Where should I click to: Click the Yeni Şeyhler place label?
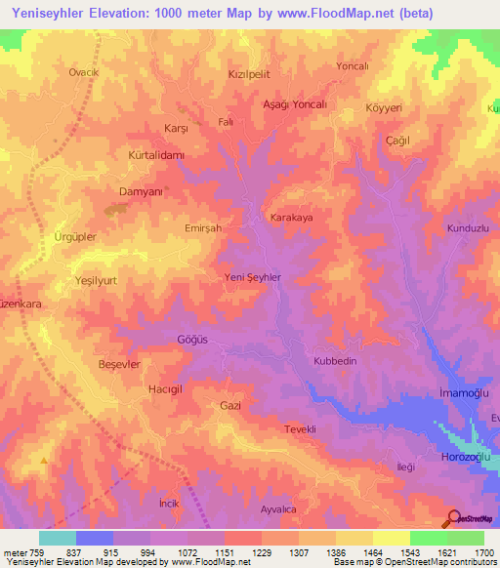[x=253, y=277]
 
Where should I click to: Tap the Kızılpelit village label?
[x=248, y=74]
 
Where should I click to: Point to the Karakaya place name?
[x=291, y=219]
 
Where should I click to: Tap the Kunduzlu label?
[x=467, y=226]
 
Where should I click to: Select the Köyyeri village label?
[x=384, y=108]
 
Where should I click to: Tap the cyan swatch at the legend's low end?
[x=58, y=538]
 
